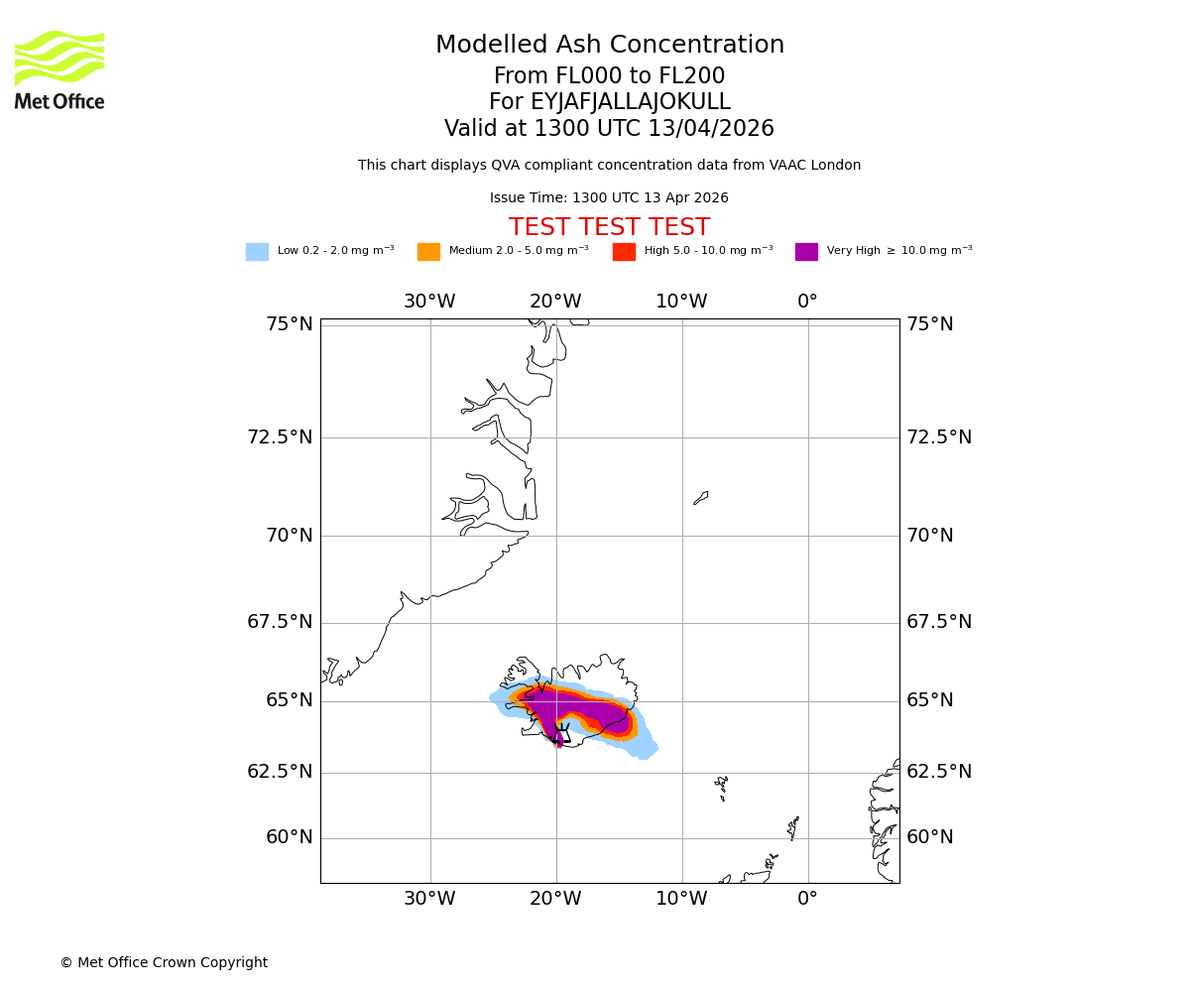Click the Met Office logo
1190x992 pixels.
[x=59, y=69]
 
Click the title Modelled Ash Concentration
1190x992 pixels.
[x=609, y=46]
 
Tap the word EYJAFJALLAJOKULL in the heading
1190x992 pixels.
[x=631, y=102]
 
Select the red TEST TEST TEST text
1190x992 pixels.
[x=609, y=228]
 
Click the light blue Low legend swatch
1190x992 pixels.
[x=257, y=252]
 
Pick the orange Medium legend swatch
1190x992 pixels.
[x=428, y=252]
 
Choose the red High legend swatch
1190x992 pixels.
[x=624, y=252]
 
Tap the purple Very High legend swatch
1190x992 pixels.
[x=806, y=252]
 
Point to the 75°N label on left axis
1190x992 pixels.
[x=289, y=324]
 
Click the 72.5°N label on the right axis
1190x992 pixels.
[x=938, y=437]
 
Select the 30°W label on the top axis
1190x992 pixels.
[x=429, y=302]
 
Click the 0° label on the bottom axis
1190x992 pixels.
[x=807, y=899]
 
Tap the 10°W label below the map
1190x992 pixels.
[x=681, y=899]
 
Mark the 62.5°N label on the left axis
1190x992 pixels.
[x=280, y=772]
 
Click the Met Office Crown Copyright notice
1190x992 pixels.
[x=164, y=962]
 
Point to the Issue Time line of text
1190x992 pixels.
[x=609, y=198]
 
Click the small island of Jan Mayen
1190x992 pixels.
[x=701, y=498]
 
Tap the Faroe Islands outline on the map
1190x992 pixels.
[x=722, y=788]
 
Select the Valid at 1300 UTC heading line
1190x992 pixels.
[x=609, y=129]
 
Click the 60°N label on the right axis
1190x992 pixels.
[x=929, y=837]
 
